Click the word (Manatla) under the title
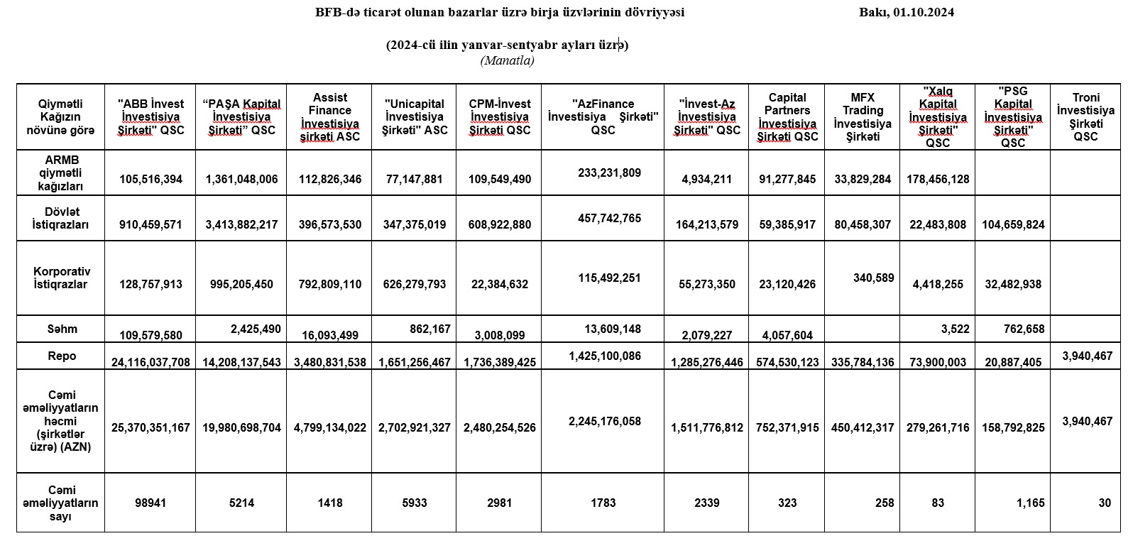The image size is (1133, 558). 507,60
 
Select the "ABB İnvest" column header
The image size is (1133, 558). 150,117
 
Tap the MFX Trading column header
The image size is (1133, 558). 863,117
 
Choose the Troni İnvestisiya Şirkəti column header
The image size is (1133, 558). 1085,117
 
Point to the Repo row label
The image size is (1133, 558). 61,356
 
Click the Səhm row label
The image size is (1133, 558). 61,329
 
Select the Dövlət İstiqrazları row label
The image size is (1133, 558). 61,218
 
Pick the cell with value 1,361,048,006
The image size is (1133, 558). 241,179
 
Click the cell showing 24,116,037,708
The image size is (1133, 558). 150,362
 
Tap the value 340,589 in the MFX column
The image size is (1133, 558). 873,278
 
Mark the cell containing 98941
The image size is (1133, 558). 150,503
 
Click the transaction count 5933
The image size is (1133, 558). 414,503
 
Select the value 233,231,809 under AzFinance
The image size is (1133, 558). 609,172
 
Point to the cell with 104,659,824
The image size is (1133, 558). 1013,224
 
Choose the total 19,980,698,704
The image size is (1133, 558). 241,427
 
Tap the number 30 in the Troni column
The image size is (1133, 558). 1104,503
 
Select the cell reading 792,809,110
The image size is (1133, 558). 330,284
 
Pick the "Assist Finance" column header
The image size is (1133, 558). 330,117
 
